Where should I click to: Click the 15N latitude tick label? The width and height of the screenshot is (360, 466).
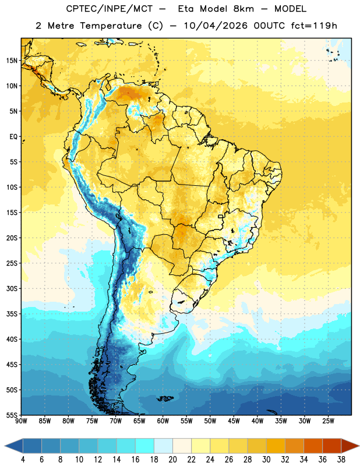click(x=12, y=61)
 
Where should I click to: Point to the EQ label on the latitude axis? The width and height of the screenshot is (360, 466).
click(x=13, y=137)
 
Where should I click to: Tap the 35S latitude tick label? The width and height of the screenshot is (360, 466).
click(x=12, y=314)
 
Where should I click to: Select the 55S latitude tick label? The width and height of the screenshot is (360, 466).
click(x=12, y=415)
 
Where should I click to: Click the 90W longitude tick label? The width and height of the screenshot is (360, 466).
click(x=21, y=421)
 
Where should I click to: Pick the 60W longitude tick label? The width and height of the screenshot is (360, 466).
click(x=163, y=421)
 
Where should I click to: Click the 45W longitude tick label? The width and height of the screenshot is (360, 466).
click(x=234, y=421)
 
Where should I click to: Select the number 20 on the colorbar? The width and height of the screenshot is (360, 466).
click(x=172, y=460)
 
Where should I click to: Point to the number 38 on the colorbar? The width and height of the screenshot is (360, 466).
click(x=341, y=460)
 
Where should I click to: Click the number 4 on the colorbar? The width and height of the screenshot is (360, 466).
click(x=23, y=460)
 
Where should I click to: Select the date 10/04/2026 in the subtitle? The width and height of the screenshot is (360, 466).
click(x=216, y=26)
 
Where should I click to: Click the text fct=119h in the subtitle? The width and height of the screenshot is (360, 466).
click(x=314, y=26)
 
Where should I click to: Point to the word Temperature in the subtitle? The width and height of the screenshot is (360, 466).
click(x=111, y=26)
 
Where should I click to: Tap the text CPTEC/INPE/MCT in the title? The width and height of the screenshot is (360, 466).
click(x=110, y=9)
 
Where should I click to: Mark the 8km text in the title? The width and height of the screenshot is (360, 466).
click(x=243, y=9)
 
